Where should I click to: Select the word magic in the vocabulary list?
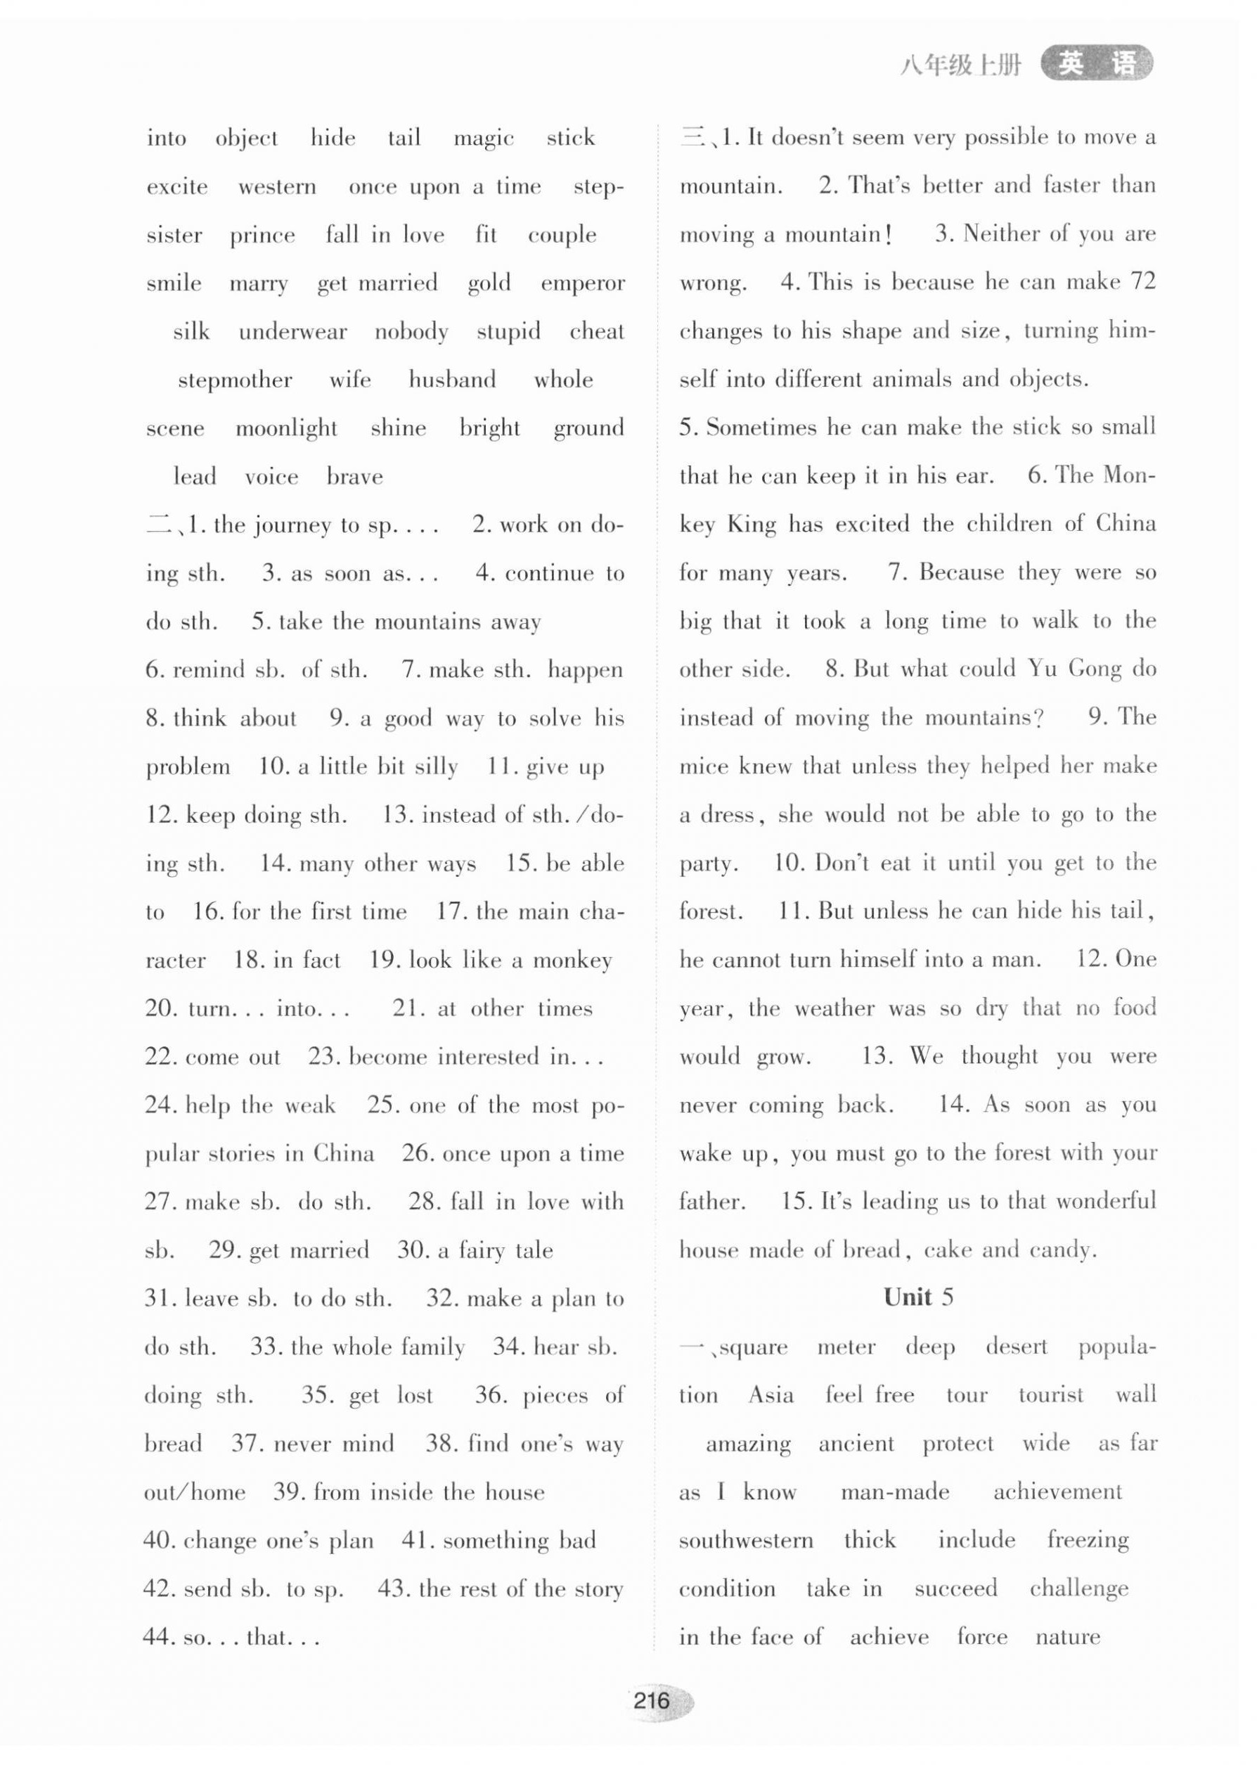point(484,139)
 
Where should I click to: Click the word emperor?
point(583,283)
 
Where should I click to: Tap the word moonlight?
point(286,429)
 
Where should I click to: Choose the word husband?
point(452,380)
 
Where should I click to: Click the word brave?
point(354,477)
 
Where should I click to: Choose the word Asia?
point(771,1395)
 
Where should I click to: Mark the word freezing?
point(1088,1541)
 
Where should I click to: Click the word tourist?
point(1051,1395)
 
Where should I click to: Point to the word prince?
point(262,236)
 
